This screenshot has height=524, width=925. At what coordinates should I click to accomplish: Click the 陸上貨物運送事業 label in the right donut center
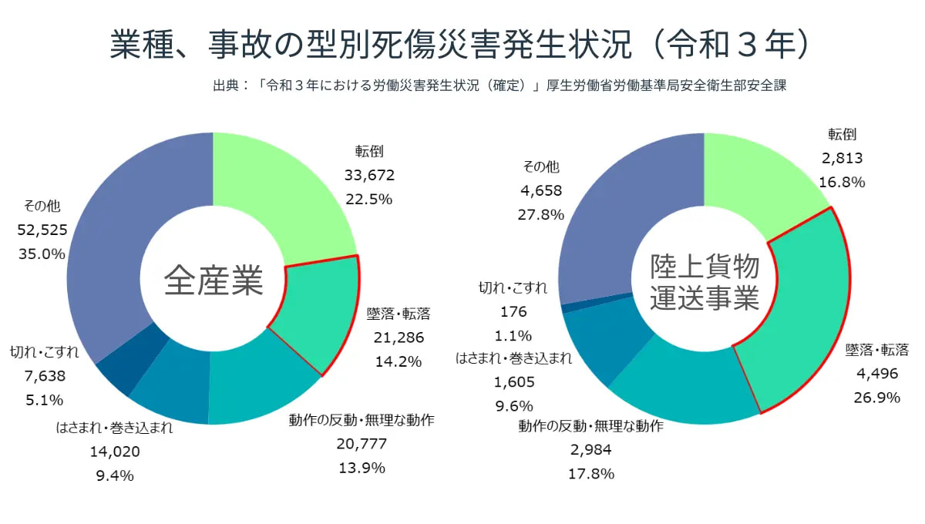[x=705, y=283]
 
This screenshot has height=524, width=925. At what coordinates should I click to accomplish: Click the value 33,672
[x=369, y=175]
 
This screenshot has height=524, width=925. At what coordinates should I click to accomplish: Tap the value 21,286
[x=399, y=337]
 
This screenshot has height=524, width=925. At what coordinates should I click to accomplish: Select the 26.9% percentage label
[x=877, y=397]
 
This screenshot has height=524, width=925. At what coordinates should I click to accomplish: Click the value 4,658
[x=541, y=190]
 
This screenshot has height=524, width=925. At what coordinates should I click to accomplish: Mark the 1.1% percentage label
[x=513, y=335]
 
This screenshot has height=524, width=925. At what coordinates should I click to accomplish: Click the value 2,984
[x=590, y=450]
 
